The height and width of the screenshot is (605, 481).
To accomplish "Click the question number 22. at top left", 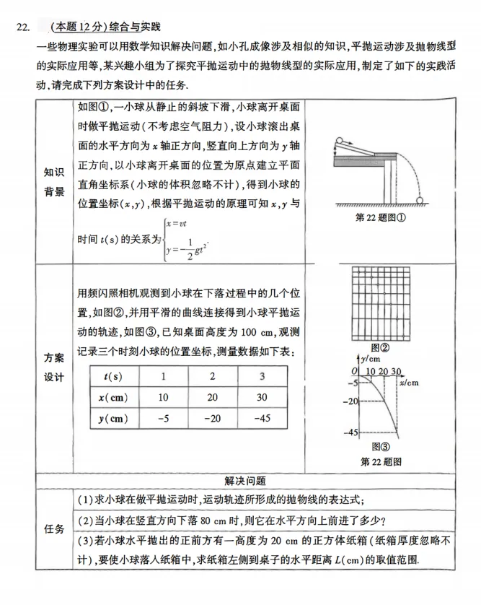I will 23,27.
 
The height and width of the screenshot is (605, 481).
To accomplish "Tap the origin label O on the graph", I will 354,370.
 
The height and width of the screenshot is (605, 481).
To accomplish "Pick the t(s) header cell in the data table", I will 112,376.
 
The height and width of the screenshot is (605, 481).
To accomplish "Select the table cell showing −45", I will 262,417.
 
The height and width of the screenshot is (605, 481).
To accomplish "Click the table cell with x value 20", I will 212,397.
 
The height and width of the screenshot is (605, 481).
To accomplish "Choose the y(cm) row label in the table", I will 112,417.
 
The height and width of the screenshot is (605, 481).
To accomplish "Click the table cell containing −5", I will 163,417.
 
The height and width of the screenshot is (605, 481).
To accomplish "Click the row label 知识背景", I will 53,182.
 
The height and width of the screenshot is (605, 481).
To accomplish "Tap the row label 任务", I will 54,528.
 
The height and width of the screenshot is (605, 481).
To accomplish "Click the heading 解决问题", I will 245,481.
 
